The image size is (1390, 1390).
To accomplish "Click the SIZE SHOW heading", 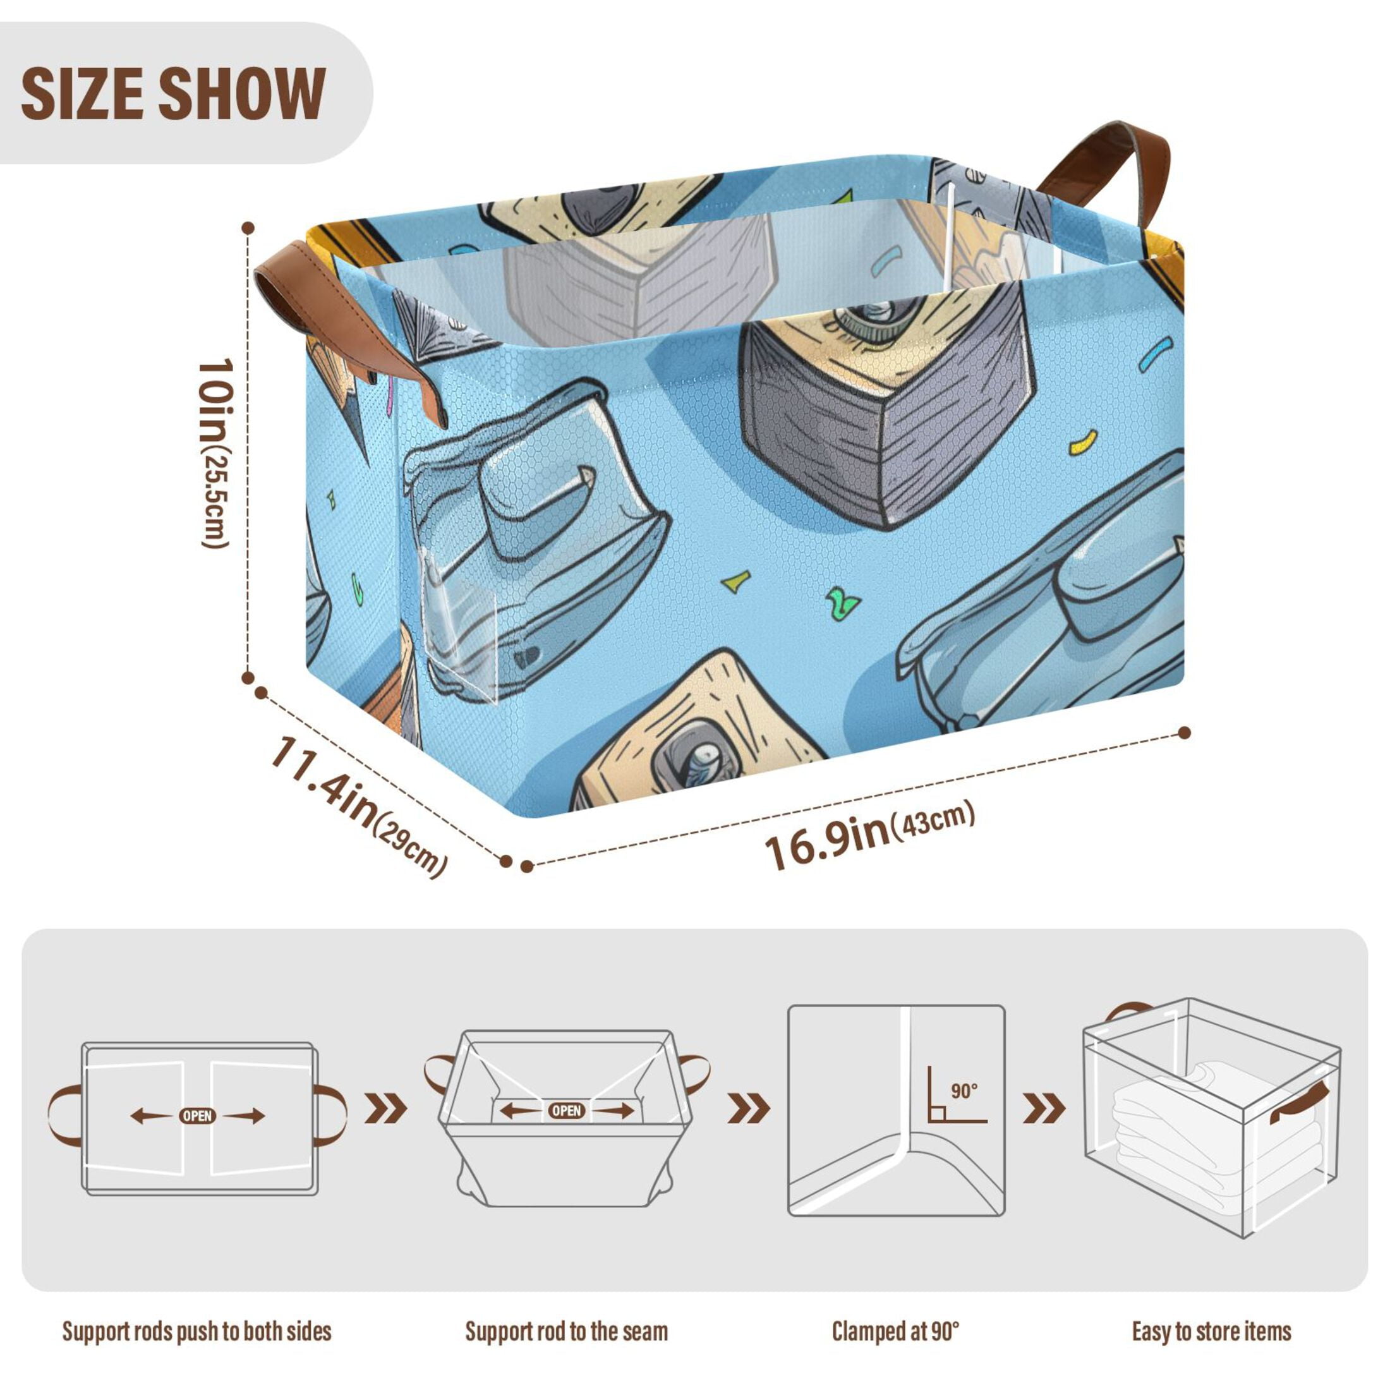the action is coord(173,93).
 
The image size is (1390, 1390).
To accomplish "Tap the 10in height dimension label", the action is coord(215,453).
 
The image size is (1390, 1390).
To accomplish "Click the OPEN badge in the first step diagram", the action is coord(197,1116).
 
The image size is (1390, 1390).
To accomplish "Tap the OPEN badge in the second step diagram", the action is coord(566,1111).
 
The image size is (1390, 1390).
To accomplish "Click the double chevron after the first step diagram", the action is coord(385,1108).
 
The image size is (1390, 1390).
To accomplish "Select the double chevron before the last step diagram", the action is coord(1043,1108).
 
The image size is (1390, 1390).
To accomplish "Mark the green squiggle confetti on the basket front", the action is coord(842,601).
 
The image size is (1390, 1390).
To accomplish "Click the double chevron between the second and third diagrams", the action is coord(748,1108).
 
